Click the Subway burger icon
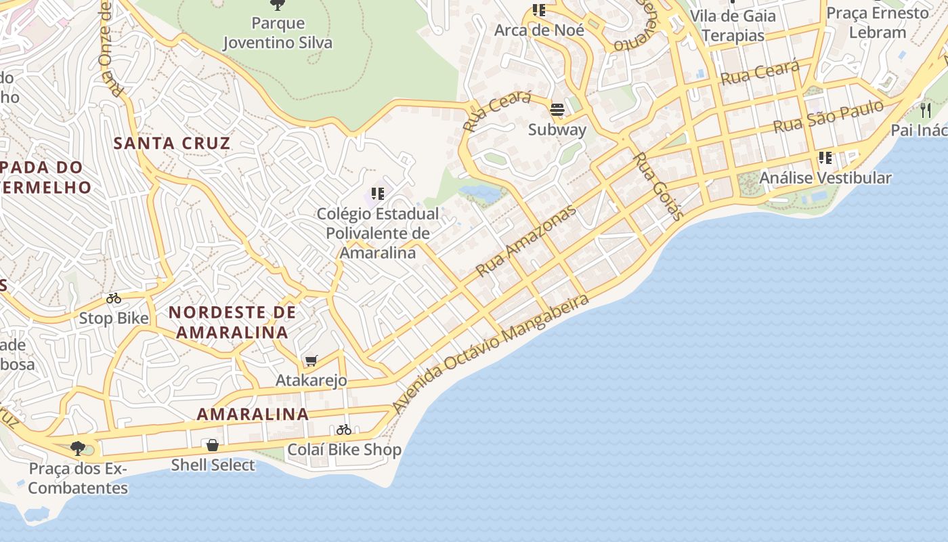pyautogui.click(x=557, y=110)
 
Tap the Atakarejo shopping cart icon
pyautogui.click(x=311, y=360)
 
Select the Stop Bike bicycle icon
pyautogui.click(x=114, y=298)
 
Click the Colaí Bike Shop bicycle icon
pyautogui.click(x=344, y=430)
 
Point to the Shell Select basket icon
pyautogui.click(x=213, y=445)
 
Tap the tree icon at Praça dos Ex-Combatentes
pyautogui.click(x=78, y=448)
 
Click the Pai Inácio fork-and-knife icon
pyautogui.click(x=926, y=110)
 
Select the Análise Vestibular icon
pyautogui.click(x=825, y=158)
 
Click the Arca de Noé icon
pyautogui.click(x=539, y=10)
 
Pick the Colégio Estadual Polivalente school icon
pyautogui.click(x=378, y=194)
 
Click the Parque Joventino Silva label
pyautogui.click(x=278, y=33)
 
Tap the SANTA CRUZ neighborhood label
pyautogui.click(x=172, y=144)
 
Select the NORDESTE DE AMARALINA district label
pyautogui.click(x=232, y=322)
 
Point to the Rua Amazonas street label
pyautogui.click(x=525, y=241)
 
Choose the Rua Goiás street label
pyautogui.click(x=658, y=186)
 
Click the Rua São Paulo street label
pyautogui.click(x=828, y=117)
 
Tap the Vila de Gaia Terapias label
pyautogui.click(x=733, y=26)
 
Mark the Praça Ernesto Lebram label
pyautogui.click(x=878, y=22)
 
